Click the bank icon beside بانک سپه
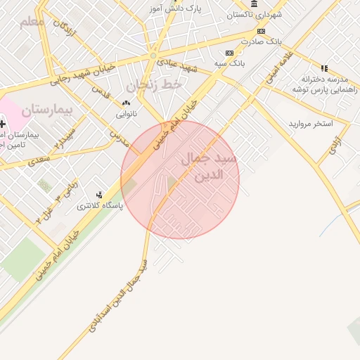229,53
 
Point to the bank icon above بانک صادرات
261,32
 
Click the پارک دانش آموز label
175,8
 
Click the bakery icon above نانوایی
126,103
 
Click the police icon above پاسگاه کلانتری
99,195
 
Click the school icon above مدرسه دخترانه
324,68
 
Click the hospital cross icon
3,124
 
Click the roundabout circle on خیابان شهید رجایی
153,55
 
